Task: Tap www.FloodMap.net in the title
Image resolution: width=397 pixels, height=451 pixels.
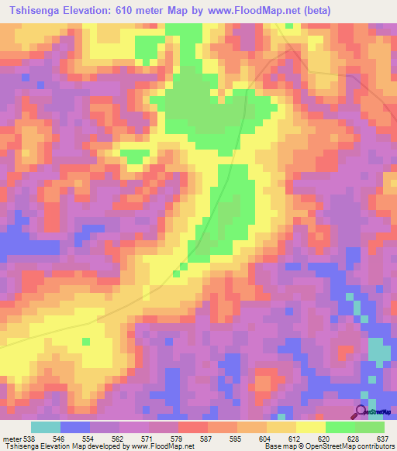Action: (250, 11)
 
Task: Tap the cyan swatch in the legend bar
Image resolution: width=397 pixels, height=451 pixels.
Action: (46, 428)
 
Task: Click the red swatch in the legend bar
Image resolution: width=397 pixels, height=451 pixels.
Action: (193, 428)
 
